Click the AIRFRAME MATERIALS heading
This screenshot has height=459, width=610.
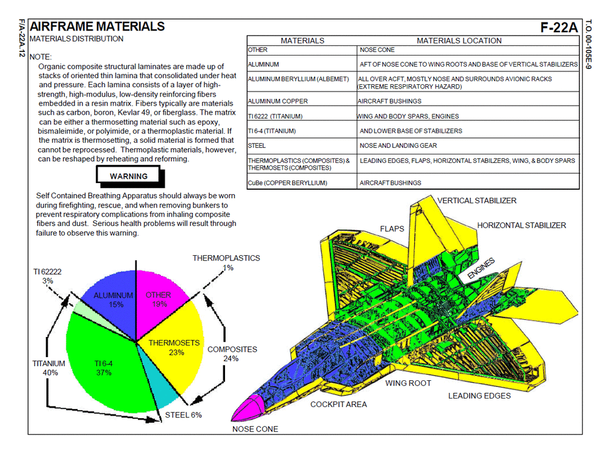point(97,26)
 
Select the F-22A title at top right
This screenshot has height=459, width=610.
point(558,27)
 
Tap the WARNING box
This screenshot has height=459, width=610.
point(129,176)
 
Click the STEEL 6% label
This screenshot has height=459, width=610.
point(183,415)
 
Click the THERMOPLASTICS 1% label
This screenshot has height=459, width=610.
point(226,262)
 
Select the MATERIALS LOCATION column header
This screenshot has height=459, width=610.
point(459,41)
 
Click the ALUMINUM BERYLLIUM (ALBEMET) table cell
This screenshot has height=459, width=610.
point(298,79)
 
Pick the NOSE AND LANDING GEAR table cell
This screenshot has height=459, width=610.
point(398,146)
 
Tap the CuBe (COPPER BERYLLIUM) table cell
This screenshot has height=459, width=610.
point(287,183)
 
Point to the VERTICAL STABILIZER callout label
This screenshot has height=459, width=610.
point(476,201)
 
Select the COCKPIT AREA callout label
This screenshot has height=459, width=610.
point(339,404)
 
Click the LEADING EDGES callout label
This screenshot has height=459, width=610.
point(479,396)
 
